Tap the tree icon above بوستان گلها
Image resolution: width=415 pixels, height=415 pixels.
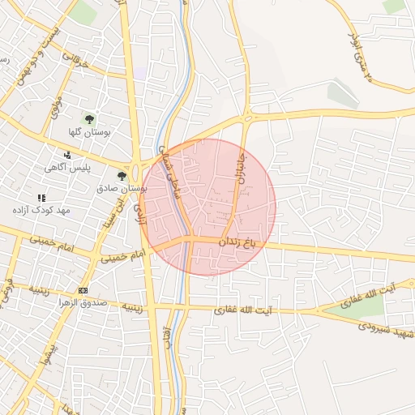[x=89, y=118]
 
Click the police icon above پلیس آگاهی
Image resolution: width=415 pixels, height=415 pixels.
[x=68, y=154]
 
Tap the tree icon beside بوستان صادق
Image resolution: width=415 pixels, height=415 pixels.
[x=122, y=175]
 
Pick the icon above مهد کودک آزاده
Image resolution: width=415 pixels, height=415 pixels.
[x=41, y=197]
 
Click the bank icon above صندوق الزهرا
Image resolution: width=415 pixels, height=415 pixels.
[x=83, y=289]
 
